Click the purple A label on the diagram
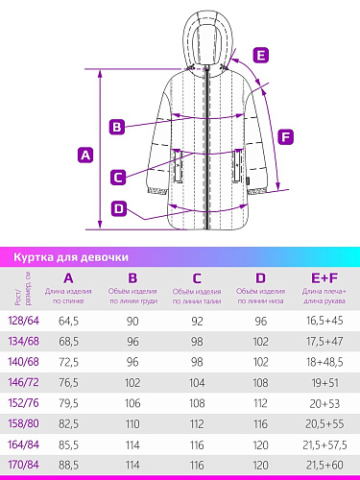click(x=85, y=155)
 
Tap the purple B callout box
click(x=117, y=127)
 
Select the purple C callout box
click(x=118, y=177)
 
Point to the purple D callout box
click(x=119, y=208)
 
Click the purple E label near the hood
click(x=261, y=55)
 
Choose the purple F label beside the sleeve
click(x=285, y=137)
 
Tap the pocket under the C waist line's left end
click(x=178, y=166)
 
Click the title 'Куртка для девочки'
click(x=71, y=257)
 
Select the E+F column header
click(x=324, y=278)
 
